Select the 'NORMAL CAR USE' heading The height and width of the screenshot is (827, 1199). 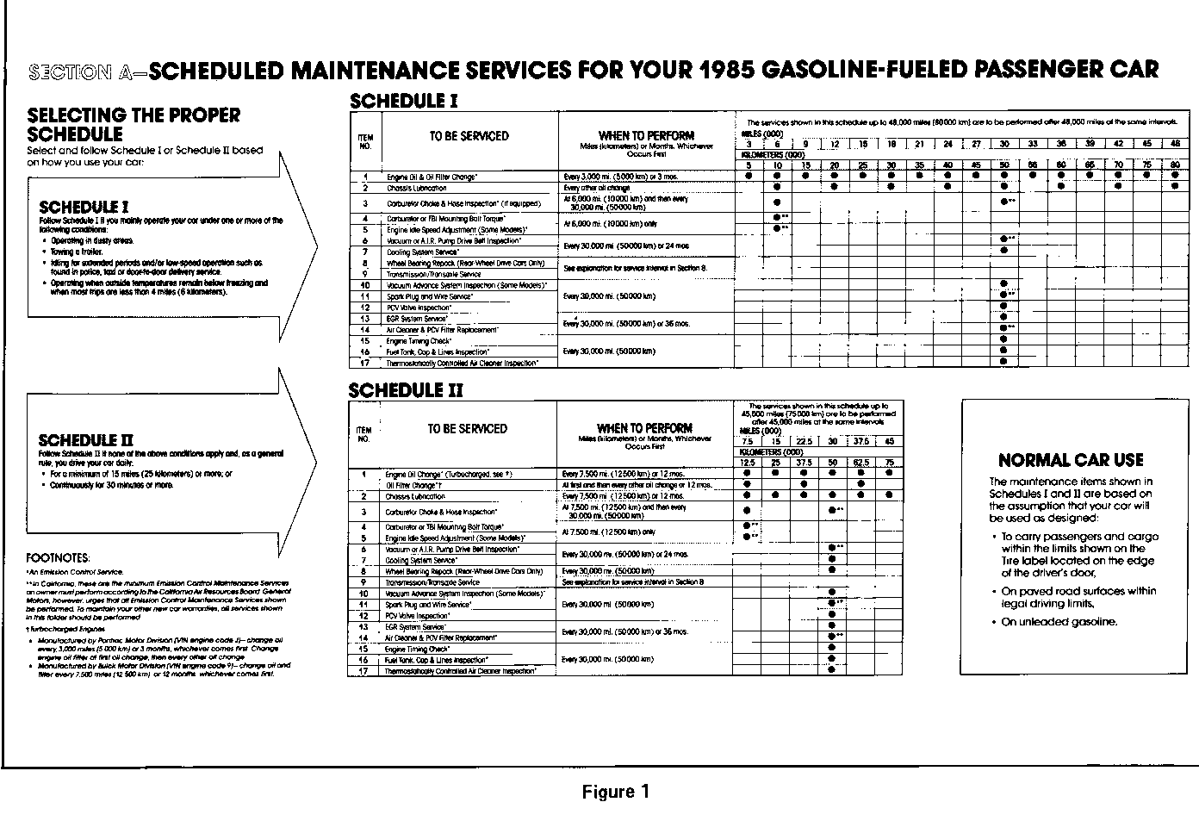tap(1071, 460)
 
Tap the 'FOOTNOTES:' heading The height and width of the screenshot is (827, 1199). tap(58, 558)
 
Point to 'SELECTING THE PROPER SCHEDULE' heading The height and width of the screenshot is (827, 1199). tap(134, 125)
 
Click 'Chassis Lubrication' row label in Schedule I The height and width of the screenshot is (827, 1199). tap(417, 188)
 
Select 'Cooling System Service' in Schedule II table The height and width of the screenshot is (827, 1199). tap(420, 560)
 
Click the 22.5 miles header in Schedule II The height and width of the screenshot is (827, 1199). tap(803, 441)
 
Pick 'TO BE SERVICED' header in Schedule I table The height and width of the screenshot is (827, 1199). tap(469, 136)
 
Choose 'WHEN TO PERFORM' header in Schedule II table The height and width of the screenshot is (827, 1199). tap(644, 428)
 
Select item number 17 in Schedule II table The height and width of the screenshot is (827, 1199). tap(364, 670)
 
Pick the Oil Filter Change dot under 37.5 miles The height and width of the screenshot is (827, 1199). tap(860, 485)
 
